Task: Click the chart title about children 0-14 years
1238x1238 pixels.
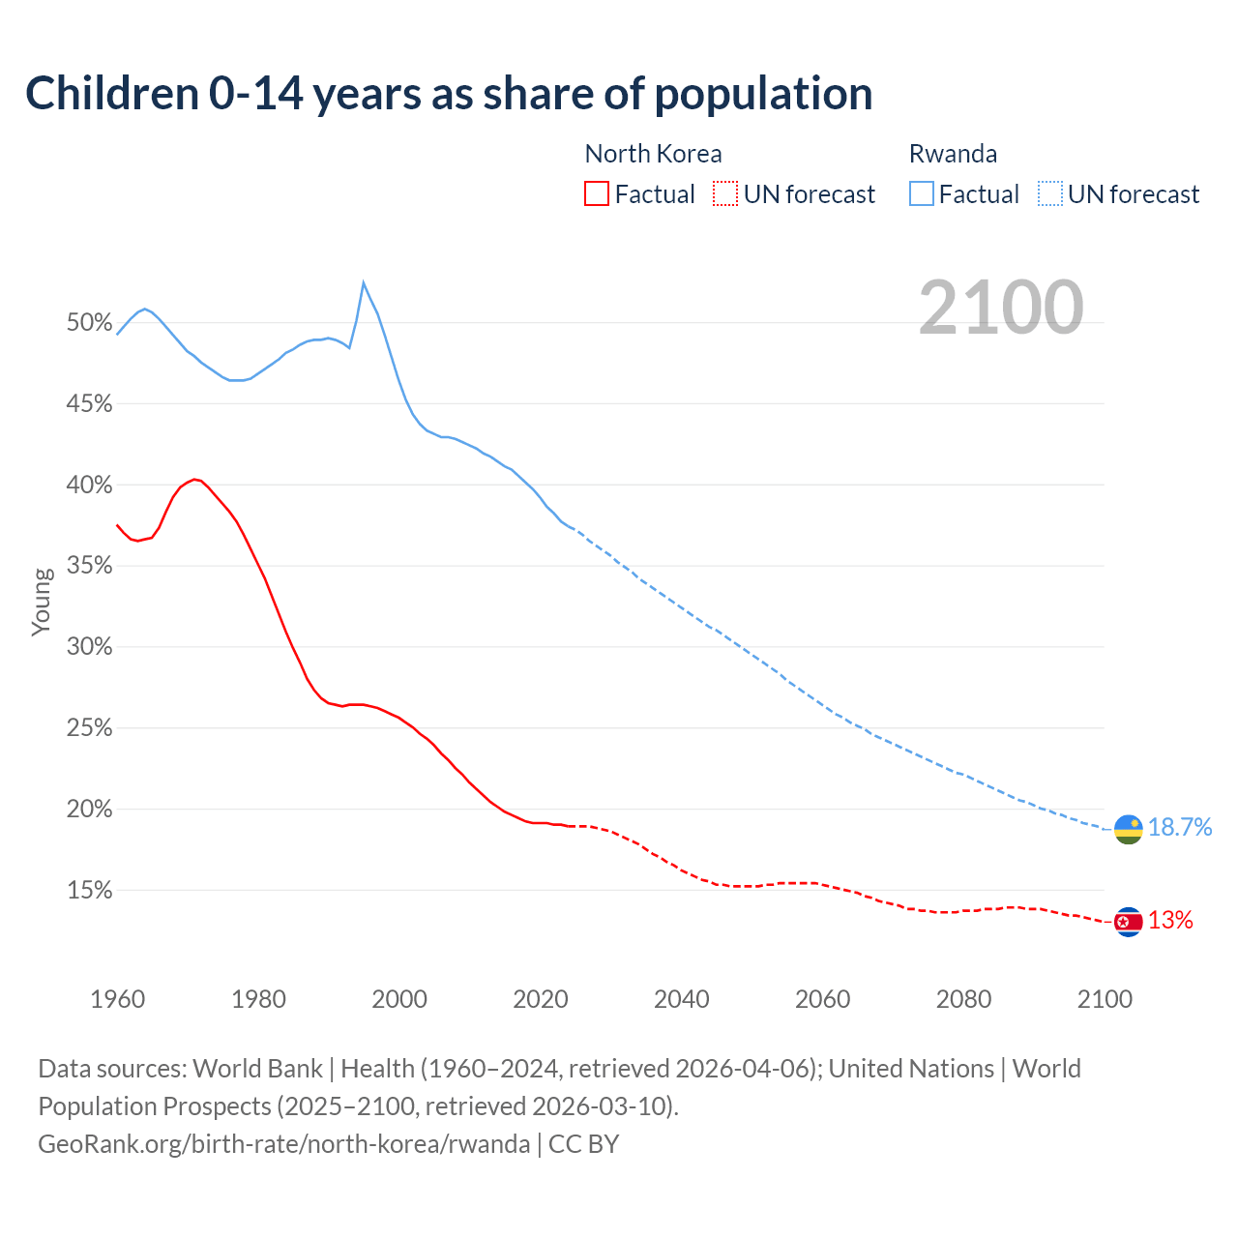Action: (449, 94)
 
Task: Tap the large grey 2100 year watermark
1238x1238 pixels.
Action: (1001, 307)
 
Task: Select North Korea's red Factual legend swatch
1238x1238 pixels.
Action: (597, 194)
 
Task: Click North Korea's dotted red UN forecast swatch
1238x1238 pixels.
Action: (725, 194)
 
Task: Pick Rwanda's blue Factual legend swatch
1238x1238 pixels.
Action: (922, 194)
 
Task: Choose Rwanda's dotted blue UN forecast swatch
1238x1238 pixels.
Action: (1050, 194)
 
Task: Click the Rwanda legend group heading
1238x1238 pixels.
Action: (953, 154)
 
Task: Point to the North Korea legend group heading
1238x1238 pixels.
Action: (653, 154)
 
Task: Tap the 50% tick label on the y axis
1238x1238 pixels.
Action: (90, 323)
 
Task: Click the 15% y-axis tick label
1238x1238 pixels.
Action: (90, 891)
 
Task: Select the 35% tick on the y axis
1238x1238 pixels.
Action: (90, 566)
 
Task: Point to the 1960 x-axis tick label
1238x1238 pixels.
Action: (118, 999)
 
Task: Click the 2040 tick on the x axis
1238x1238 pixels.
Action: (682, 999)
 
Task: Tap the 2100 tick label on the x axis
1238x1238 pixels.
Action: (1105, 999)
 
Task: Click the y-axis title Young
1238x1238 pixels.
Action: (42, 602)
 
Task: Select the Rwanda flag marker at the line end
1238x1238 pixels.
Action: (1128, 829)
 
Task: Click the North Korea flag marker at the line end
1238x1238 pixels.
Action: (1128, 922)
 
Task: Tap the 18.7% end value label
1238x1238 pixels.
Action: (1180, 827)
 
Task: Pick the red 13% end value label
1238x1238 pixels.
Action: (1170, 921)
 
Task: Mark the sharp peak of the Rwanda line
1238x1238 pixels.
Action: (363, 282)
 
